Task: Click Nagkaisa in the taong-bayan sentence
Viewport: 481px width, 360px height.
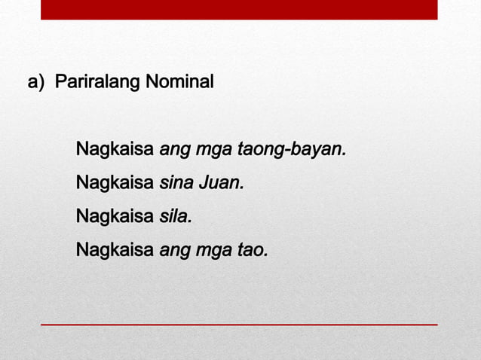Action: (x=115, y=149)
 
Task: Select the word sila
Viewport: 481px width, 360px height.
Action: (x=174, y=216)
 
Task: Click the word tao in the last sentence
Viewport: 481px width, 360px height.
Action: (x=251, y=249)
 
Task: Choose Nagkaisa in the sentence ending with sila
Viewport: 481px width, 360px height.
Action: (x=115, y=216)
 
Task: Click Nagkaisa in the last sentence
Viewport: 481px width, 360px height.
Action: (x=115, y=249)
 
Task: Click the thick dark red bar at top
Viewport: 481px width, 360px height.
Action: (x=239, y=9)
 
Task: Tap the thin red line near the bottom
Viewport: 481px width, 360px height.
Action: (x=239, y=324)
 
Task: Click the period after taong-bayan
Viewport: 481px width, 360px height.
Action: (x=345, y=154)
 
